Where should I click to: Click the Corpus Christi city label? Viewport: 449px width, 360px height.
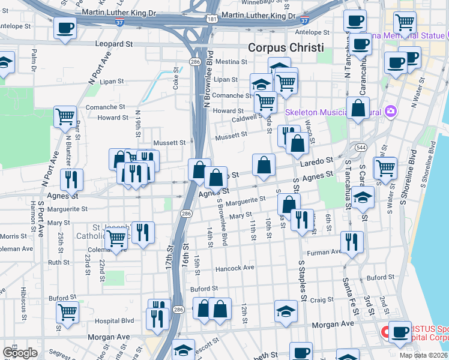pyautogui.click(x=286, y=48)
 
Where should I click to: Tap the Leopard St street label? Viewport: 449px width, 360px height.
pyautogui.click(x=114, y=44)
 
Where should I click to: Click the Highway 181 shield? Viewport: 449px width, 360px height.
pyautogui.click(x=212, y=19)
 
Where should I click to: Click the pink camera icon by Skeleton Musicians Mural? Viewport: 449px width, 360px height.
pyautogui.click(x=391, y=111)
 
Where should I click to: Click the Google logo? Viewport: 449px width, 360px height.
pyautogui.click(x=20, y=353)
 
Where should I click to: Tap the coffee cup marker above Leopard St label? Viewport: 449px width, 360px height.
pyautogui.click(x=65, y=27)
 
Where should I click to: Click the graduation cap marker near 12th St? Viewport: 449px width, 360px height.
pyautogui.click(x=286, y=310)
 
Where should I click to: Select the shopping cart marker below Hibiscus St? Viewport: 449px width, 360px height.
pyautogui.click(x=67, y=311)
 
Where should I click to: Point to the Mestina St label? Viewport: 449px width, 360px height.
pyautogui.click(x=231, y=62)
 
